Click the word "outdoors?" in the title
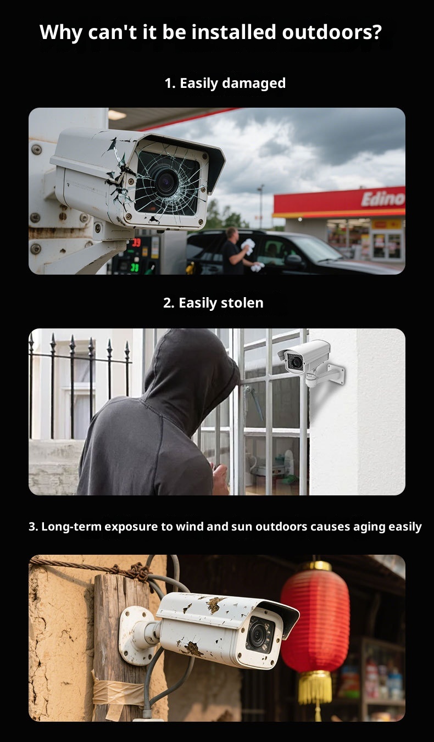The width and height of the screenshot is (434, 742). coord(332,32)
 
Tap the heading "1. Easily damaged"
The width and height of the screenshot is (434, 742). coord(225,83)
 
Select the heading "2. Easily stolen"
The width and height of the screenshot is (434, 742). coord(213,303)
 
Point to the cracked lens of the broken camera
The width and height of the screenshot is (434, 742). coord(166,182)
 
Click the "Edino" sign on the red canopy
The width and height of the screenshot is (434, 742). coord(383,199)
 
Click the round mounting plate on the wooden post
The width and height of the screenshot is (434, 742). coord(135,637)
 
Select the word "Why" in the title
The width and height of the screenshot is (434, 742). coord(60,33)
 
